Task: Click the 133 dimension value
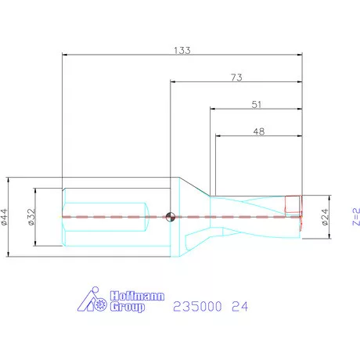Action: pos(182,49)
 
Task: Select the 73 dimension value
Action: pos(236,77)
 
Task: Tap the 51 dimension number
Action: pos(257,103)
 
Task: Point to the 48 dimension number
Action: pos(259,131)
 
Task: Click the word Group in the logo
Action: pos(126,308)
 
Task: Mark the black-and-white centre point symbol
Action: pos(171,217)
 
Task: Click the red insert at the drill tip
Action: pos(293,204)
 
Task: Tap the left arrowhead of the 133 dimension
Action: pos(65,55)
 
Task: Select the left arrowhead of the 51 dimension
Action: pos(213,109)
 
